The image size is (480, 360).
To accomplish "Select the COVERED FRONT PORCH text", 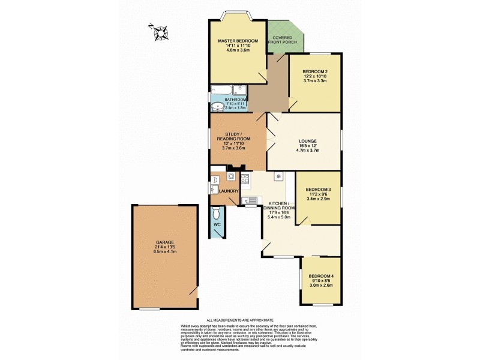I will coord(285,40).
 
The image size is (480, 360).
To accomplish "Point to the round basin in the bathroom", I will coord(217,107).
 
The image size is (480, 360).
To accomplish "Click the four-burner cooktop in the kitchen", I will coord(245,178).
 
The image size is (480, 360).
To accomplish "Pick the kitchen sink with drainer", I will coord(250,200).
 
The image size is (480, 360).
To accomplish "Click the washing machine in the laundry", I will coord(231,177).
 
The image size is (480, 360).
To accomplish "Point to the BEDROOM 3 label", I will coord(319,188).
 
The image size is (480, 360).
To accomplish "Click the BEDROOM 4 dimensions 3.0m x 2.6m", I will coord(320,285).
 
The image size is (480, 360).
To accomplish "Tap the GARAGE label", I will coord(164,242).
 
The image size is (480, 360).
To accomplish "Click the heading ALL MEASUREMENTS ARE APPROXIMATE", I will coord(240,321).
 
